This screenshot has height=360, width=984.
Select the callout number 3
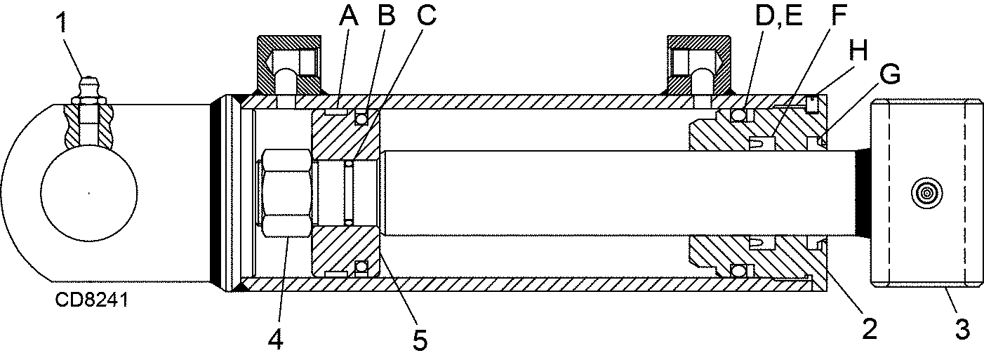tap(962, 328)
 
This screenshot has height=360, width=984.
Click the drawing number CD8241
tap(91, 300)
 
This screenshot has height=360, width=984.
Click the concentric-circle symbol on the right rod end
tap(924, 191)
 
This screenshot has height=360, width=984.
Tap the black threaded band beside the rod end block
tap(863, 192)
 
